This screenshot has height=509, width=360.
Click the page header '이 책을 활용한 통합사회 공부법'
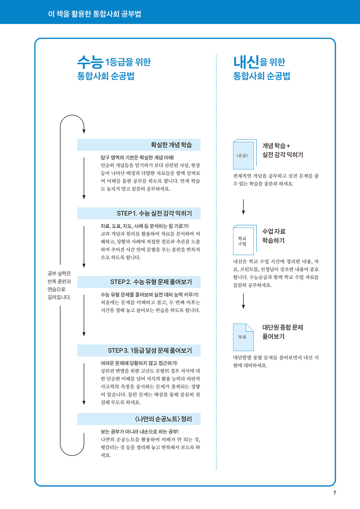(95, 14)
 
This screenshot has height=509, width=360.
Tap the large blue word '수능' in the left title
(90, 62)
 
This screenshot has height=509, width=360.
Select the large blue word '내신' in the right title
(247, 62)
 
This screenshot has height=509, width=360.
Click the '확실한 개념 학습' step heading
(171, 145)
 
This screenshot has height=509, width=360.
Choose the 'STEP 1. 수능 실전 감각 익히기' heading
(154, 213)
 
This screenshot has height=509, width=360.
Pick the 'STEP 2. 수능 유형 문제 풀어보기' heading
(151, 282)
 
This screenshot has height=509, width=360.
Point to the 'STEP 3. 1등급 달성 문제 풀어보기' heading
(150, 350)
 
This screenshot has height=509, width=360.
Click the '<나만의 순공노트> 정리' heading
(163, 419)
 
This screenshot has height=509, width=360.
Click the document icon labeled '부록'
(243, 337)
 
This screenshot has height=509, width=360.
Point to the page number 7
(335, 493)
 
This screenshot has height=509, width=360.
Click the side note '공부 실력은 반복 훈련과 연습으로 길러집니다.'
(59, 285)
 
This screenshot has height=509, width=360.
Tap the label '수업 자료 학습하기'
(274, 236)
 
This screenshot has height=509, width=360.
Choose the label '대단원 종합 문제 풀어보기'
(283, 332)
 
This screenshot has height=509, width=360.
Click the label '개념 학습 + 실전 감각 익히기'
(283, 150)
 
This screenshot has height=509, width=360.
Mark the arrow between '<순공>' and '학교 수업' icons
(243, 207)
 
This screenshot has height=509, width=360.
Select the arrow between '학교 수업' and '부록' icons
(243, 301)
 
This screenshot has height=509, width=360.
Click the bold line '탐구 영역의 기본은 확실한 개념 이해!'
(137, 157)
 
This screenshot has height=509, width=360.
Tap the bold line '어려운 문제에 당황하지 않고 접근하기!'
(139, 363)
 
